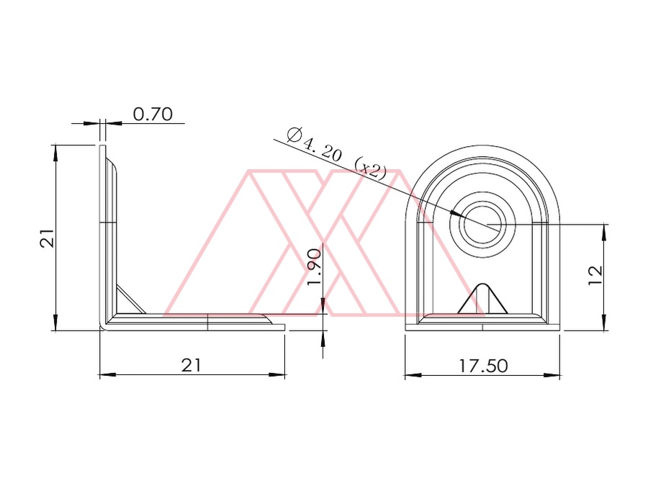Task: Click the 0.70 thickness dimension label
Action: (153, 114)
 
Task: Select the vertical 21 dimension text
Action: (47, 238)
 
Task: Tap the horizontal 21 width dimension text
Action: (192, 365)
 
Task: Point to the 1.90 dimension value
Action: (315, 266)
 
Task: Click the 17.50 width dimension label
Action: (483, 366)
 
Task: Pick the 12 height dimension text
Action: (595, 275)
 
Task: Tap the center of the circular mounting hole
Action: (482, 224)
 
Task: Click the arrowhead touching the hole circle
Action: (456, 213)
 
